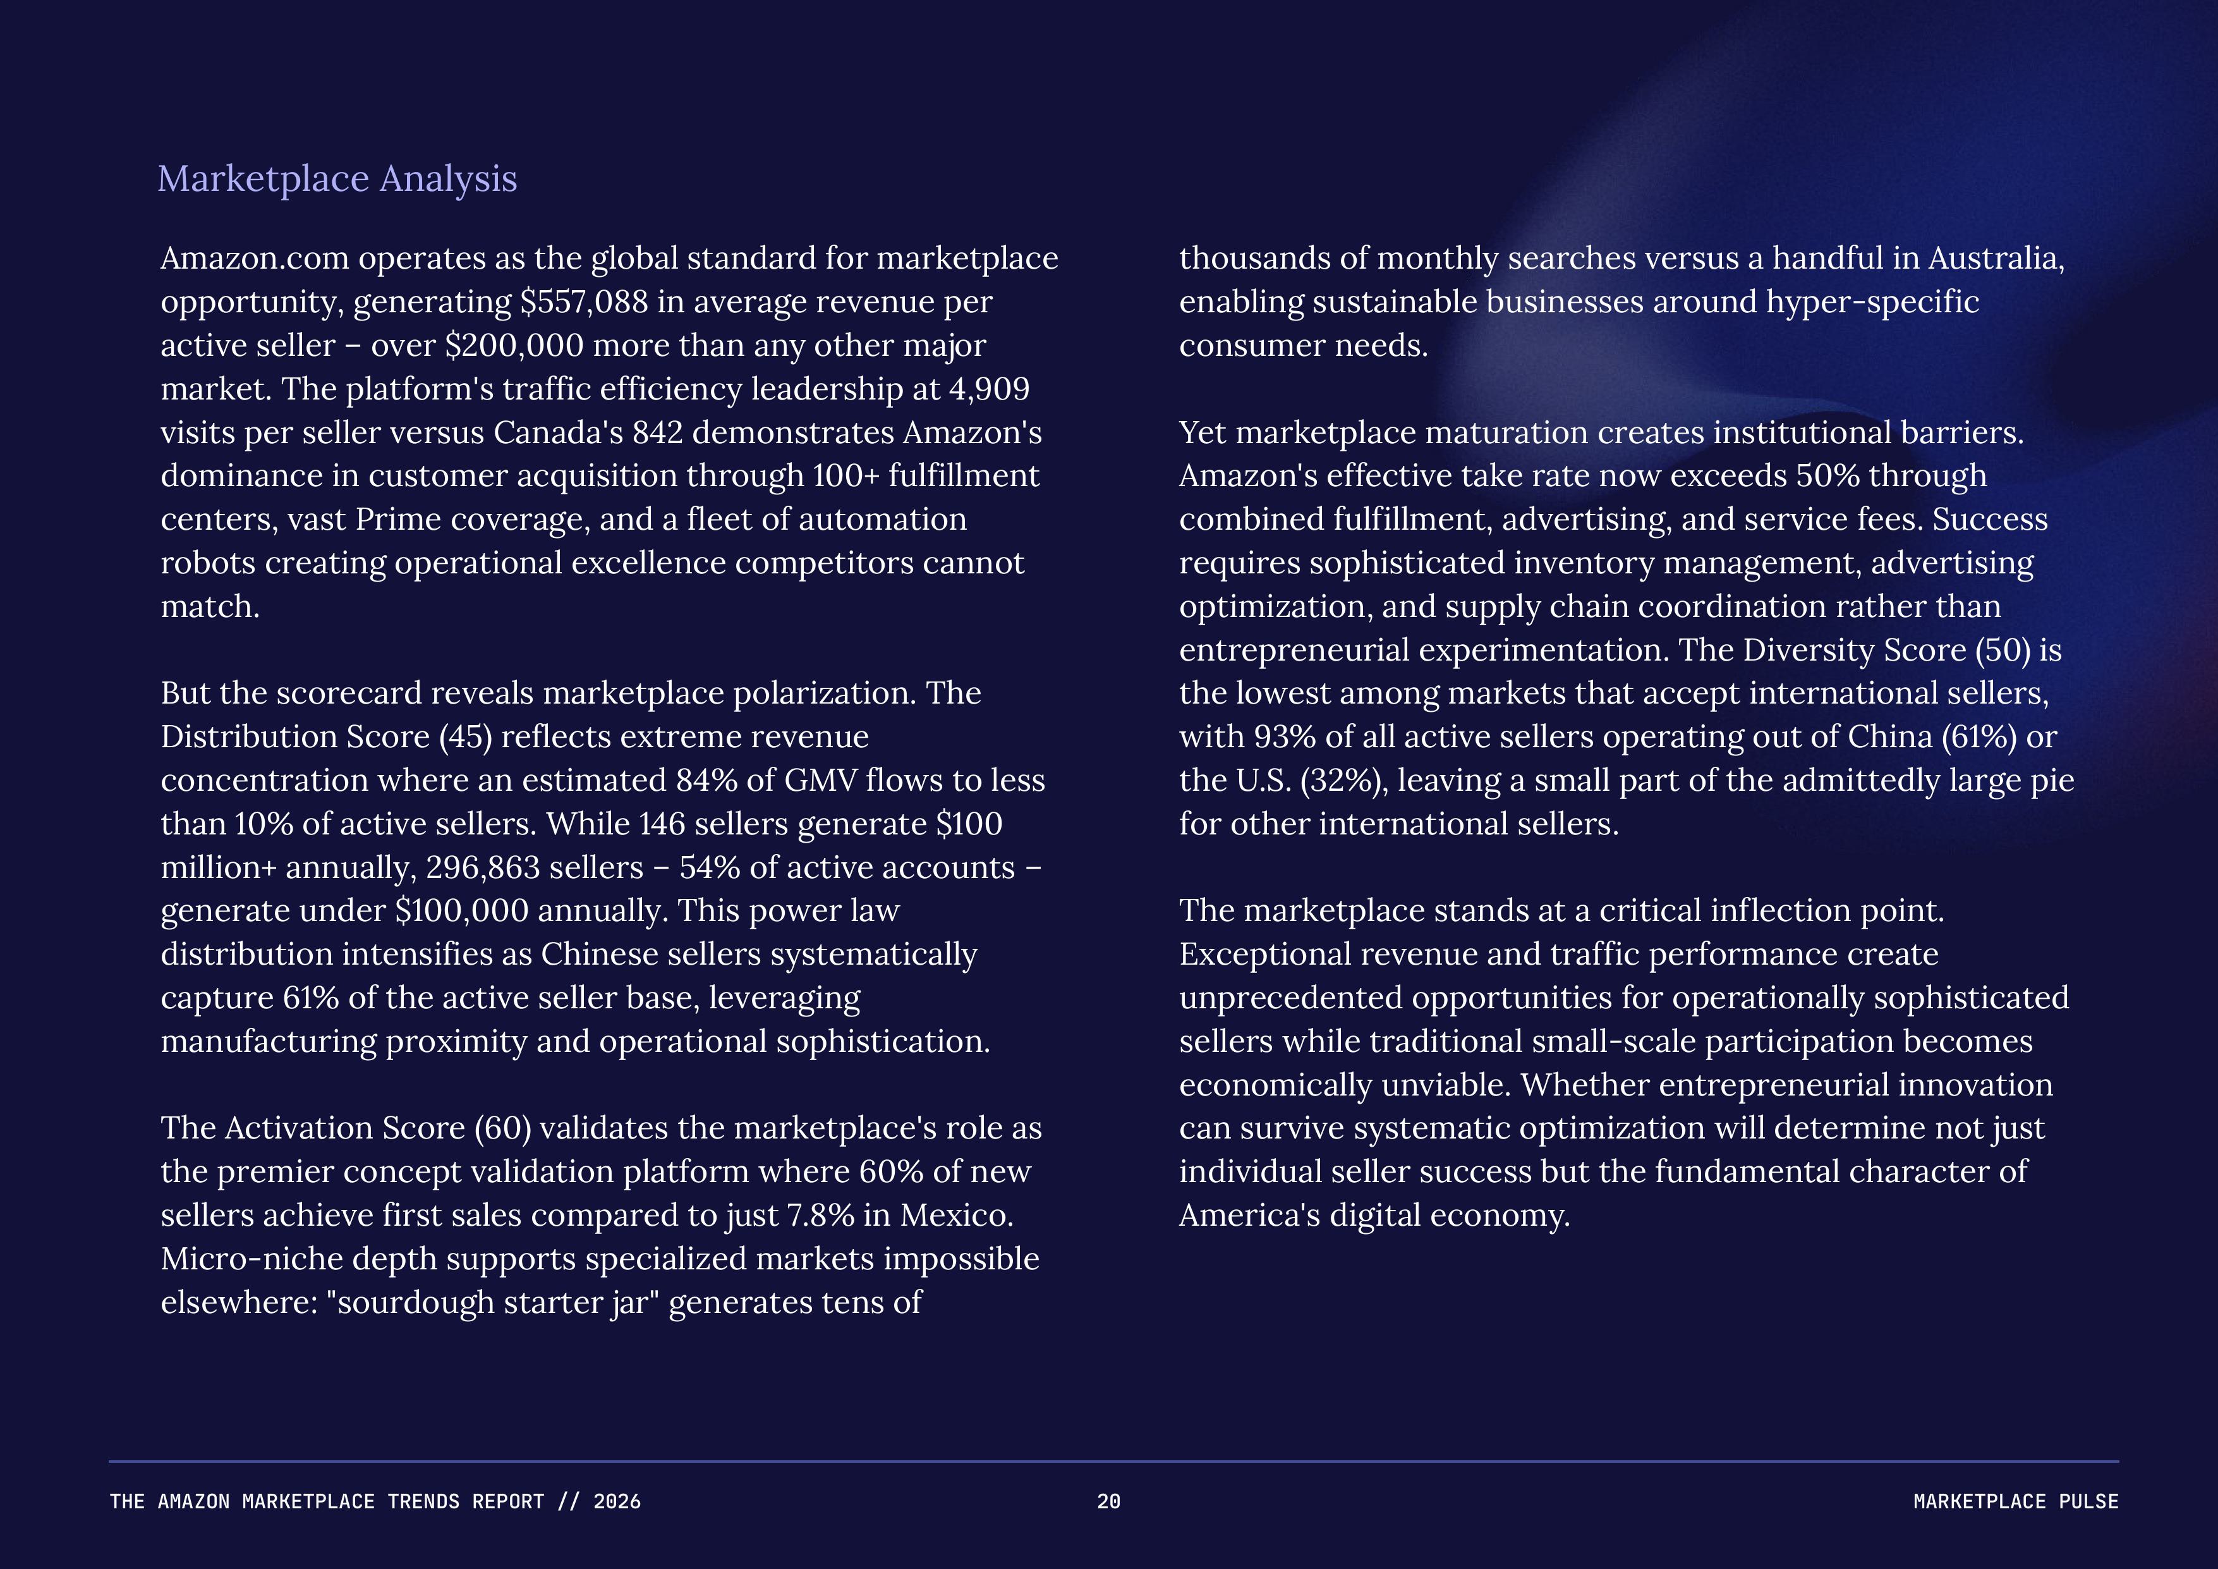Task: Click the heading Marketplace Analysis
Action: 337,180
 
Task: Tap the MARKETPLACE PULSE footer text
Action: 2015,1501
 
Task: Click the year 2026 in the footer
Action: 616,1501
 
